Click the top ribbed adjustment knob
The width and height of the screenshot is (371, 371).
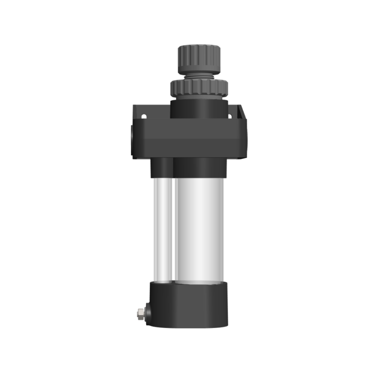pyautogui.click(x=199, y=58)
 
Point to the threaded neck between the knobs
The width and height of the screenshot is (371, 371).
pyautogui.click(x=199, y=75)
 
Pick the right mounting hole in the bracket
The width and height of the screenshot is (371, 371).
pyautogui.click(x=230, y=116)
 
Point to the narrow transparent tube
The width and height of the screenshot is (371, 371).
pyautogui.click(x=162, y=228)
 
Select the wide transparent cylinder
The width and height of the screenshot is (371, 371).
pyautogui.click(x=199, y=228)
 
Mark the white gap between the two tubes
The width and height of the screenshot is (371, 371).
pyautogui.click(x=174, y=228)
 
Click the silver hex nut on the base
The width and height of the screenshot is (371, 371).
pyautogui.click(x=140, y=313)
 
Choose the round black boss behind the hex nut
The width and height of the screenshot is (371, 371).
pyautogui.click(x=148, y=313)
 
